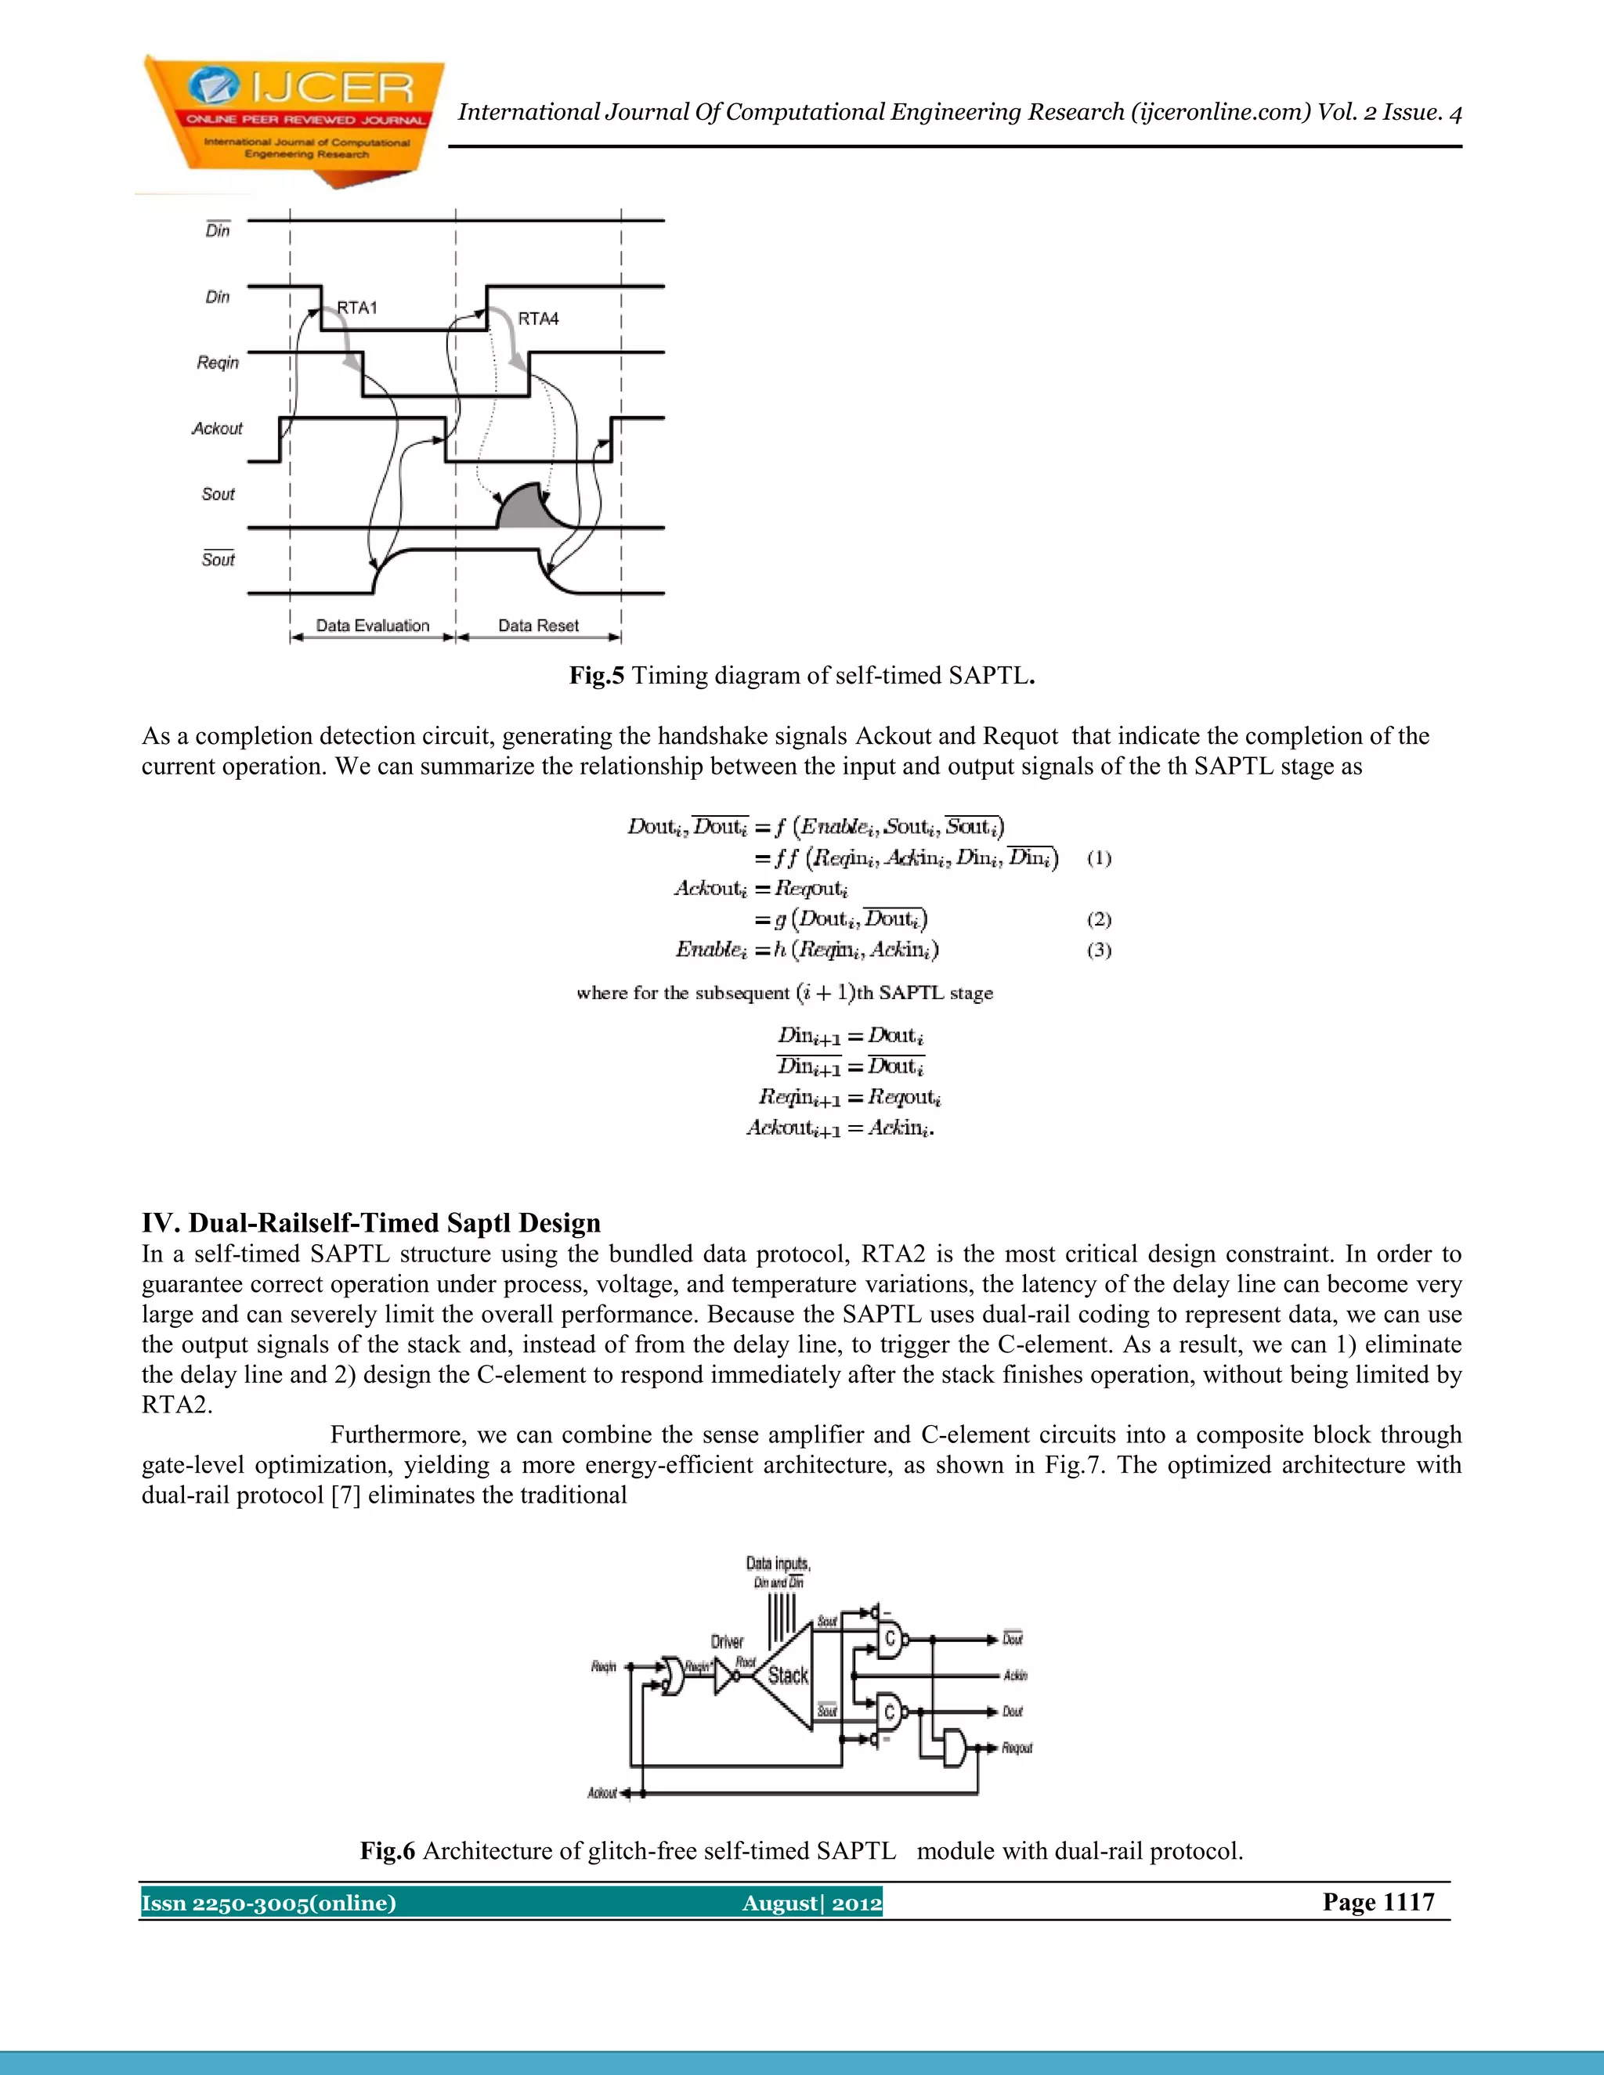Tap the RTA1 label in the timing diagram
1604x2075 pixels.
pos(357,308)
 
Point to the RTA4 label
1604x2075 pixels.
pos(538,319)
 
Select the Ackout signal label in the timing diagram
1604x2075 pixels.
pos(218,428)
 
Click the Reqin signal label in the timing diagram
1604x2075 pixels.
pos(218,363)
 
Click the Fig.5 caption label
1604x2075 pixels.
pos(597,676)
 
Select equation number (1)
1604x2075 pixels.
pos(1099,858)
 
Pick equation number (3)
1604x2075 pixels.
pos(1099,950)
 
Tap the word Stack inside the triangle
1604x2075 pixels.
pos(788,1676)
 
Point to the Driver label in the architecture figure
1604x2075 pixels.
pos(727,1642)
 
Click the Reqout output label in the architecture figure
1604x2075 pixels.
pos(1017,1748)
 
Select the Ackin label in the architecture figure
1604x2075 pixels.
pos(1015,1676)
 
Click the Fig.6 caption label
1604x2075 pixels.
pos(388,1851)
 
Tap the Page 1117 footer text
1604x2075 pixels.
pos(1378,1902)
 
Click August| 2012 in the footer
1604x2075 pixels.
pos(811,1903)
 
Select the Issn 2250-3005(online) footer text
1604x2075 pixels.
pos(269,1903)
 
